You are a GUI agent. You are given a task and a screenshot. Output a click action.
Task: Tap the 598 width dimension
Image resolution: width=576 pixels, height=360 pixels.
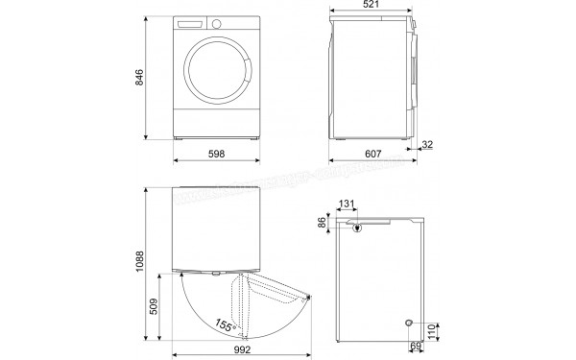click(218, 154)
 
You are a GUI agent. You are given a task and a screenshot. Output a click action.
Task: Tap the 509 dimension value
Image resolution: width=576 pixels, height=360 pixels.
click(166, 307)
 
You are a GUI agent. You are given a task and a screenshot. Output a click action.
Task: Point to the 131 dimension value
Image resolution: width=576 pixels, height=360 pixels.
click(347, 204)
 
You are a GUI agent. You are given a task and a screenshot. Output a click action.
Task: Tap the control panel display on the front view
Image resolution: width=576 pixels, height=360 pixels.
click(194, 22)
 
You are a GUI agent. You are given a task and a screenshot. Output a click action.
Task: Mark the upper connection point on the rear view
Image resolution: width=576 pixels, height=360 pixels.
click(356, 228)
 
